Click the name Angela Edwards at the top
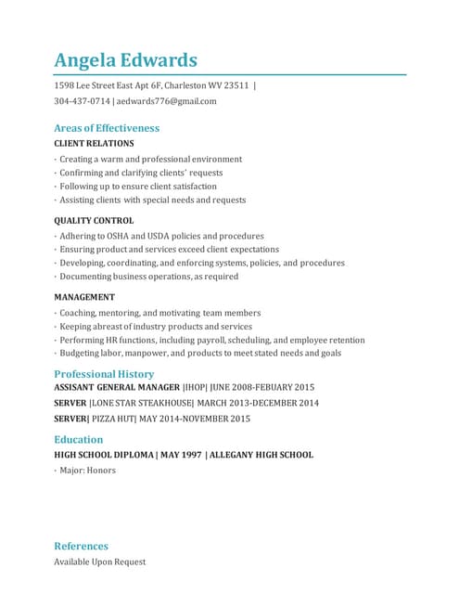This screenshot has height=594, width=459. [125, 60]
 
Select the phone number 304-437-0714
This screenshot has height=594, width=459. [82, 101]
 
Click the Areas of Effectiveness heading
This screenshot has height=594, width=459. [107, 128]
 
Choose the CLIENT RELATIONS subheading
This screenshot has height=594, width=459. [94, 144]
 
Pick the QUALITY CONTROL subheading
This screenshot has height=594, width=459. [94, 221]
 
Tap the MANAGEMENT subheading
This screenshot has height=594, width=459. [84, 297]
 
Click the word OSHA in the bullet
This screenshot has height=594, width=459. [120, 237]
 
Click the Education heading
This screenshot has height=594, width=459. [79, 439]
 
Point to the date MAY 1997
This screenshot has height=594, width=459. [181, 455]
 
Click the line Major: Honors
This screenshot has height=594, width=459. [87, 471]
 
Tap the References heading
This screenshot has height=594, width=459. [82, 546]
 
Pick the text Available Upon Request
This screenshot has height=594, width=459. [99, 562]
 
